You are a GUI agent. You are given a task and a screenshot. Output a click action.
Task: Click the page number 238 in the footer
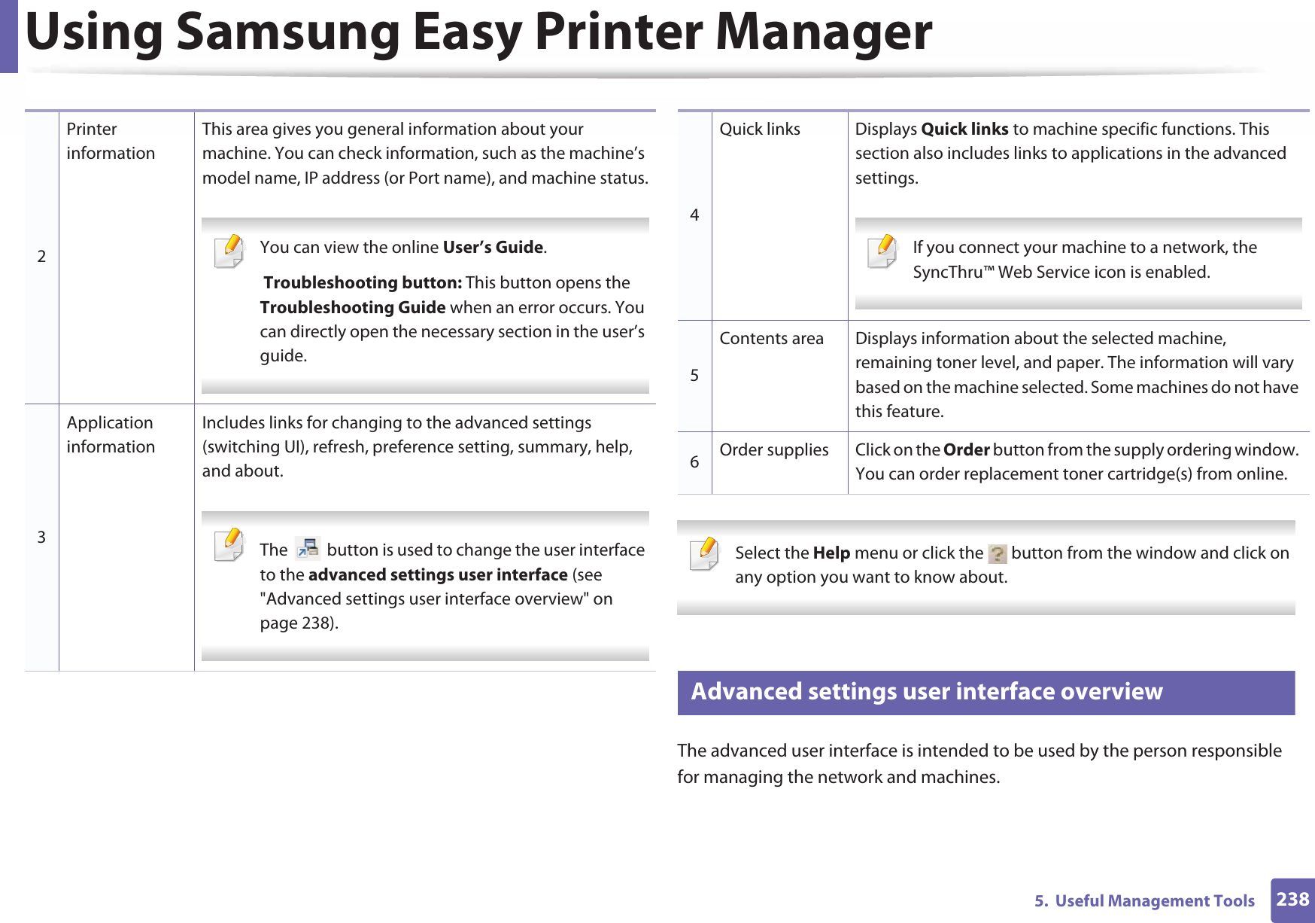pos(1292,899)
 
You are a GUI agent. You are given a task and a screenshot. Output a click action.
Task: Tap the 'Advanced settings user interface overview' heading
pos(926,692)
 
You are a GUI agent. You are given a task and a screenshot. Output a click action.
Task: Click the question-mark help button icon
pos(997,554)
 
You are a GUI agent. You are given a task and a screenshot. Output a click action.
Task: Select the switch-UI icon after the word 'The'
pos(308,549)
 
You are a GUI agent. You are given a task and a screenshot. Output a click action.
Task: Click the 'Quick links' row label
pos(760,129)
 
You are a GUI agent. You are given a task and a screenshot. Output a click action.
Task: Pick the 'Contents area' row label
pos(771,339)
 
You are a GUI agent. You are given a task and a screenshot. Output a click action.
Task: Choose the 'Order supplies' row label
pos(773,450)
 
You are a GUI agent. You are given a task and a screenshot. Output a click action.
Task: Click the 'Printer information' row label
pos(111,141)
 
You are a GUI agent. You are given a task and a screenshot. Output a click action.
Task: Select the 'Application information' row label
pos(111,434)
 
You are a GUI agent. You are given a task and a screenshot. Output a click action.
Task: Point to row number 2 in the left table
pos(41,256)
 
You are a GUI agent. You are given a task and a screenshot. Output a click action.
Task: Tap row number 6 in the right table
pos(694,461)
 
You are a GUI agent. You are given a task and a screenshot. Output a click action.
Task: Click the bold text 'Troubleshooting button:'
pos(363,283)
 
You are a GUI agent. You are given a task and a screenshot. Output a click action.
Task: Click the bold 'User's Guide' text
pos(493,248)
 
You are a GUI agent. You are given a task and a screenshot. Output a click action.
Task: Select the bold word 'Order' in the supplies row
pos(966,450)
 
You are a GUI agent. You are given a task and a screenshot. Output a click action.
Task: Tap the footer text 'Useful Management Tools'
pos(1154,901)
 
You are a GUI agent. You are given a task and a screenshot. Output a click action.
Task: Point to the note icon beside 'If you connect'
pos(882,251)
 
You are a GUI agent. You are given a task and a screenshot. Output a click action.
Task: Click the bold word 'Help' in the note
pos(831,553)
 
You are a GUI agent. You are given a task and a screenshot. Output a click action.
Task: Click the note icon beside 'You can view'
pos(229,251)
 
